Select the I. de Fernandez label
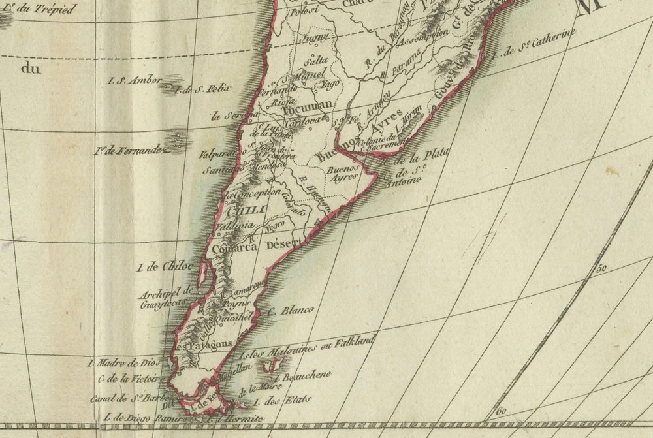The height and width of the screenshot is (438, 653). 131,151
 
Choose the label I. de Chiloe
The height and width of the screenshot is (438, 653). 165,266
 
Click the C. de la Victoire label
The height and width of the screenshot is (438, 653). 128,378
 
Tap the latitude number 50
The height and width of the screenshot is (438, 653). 601,267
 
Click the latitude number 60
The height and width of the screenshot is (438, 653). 502,411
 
